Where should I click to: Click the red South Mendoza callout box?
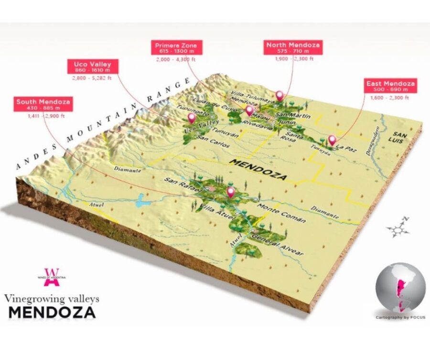(43, 105)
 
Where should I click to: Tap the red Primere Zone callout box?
(175, 48)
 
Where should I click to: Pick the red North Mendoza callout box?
(293, 48)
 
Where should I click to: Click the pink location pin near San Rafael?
(231, 192)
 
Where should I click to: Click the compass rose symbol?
(398, 229)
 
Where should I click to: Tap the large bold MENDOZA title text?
(52, 312)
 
